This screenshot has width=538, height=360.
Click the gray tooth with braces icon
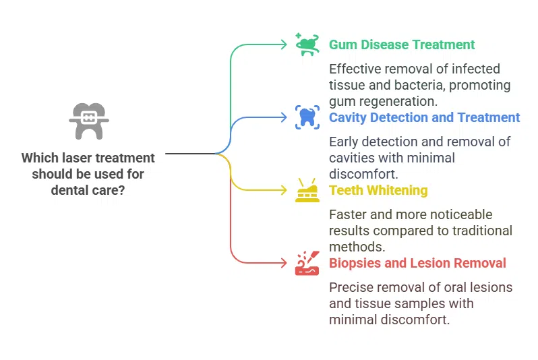(88, 121)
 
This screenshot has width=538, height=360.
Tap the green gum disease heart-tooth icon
(307, 44)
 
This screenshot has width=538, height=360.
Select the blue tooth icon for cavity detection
(307, 117)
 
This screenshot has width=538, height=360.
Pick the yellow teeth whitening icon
(307, 191)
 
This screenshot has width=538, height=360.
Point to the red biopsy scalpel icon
(307, 263)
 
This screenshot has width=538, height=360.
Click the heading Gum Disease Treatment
(402, 45)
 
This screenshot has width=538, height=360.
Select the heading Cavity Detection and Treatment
(424, 117)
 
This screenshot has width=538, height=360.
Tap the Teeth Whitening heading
(378, 190)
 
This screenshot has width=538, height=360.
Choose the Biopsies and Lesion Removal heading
(417, 263)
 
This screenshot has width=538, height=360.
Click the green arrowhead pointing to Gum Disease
(285, 44)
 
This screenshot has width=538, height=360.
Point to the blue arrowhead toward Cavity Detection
(285, 117)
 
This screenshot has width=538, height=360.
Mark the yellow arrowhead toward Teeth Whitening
(285, 190)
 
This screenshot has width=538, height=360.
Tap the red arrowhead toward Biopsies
(285, 263)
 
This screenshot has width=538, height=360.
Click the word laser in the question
(78, 158)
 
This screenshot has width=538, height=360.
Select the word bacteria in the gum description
(420, 86)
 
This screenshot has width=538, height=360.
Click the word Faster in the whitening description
(349, 215)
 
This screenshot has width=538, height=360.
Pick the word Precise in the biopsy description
(352, 288)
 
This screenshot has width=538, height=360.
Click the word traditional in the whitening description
(481, 231)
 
